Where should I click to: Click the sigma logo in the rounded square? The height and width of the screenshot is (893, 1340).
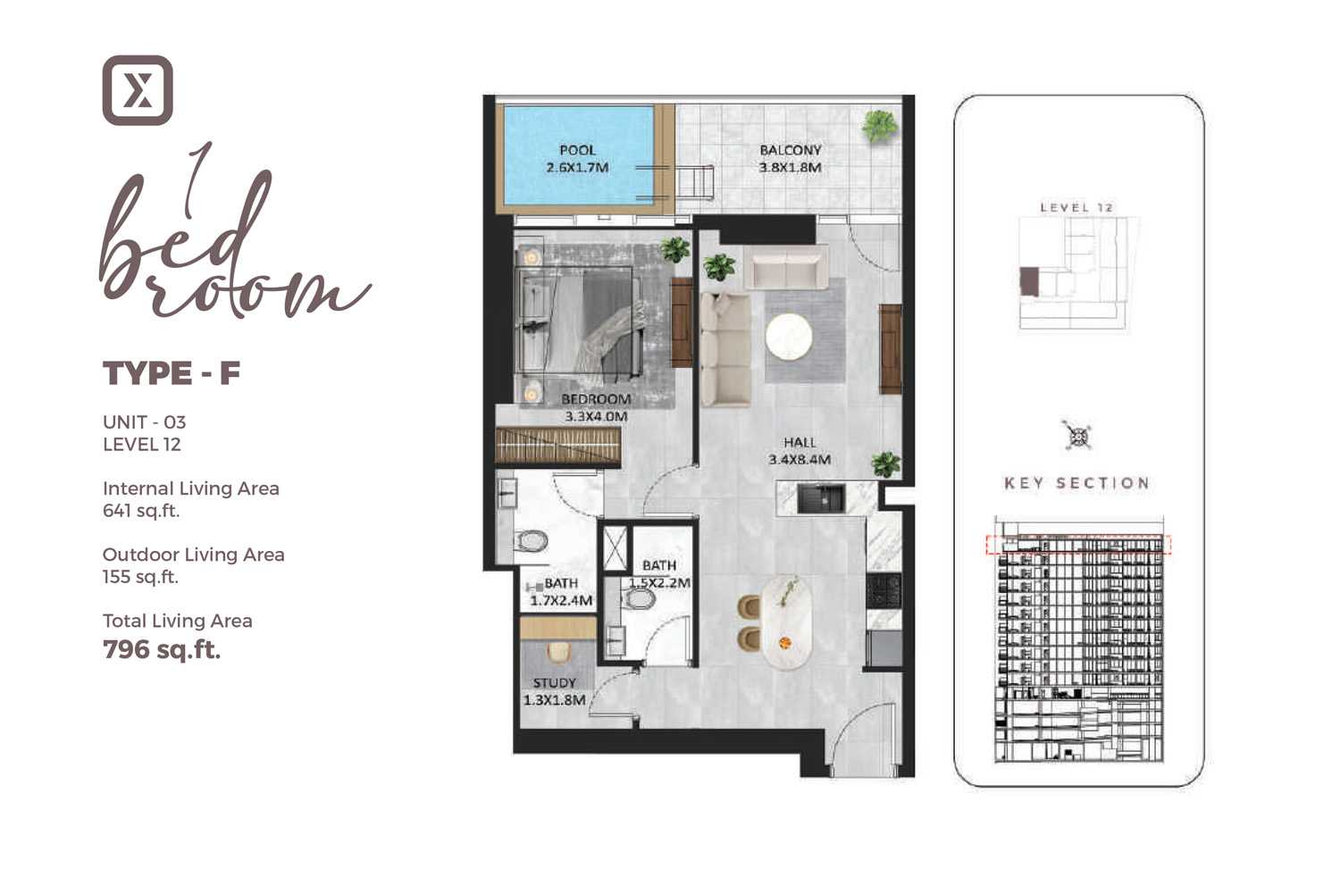point(138,90)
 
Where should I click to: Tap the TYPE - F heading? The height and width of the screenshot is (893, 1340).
point(172,373)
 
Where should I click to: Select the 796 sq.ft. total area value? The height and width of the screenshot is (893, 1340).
point(162,649)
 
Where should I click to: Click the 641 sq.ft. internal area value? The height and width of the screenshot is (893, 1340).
point(141,511)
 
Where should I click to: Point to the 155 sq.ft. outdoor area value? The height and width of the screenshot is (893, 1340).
point(140,577)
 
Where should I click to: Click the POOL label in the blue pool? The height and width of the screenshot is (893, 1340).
point(577,150)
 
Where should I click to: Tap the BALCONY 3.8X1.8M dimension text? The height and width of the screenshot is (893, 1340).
point(791,159)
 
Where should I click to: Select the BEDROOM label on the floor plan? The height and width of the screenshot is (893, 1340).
point(596,399)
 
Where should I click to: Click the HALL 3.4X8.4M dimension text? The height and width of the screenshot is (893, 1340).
point(800,451)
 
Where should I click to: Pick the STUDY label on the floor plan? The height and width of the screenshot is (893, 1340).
point(555,683)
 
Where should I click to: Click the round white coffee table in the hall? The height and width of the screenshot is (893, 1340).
point(789,337)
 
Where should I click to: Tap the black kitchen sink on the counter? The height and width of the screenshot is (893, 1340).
point(821,498)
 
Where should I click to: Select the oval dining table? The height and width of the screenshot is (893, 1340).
point(787,622)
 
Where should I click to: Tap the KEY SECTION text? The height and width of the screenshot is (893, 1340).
point(1076,483)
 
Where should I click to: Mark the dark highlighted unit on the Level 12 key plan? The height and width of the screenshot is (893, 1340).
point(1029,281)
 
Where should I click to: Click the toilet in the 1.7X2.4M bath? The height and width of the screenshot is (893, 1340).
point(532,541)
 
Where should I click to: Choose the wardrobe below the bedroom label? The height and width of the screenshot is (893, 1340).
point(557,446)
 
